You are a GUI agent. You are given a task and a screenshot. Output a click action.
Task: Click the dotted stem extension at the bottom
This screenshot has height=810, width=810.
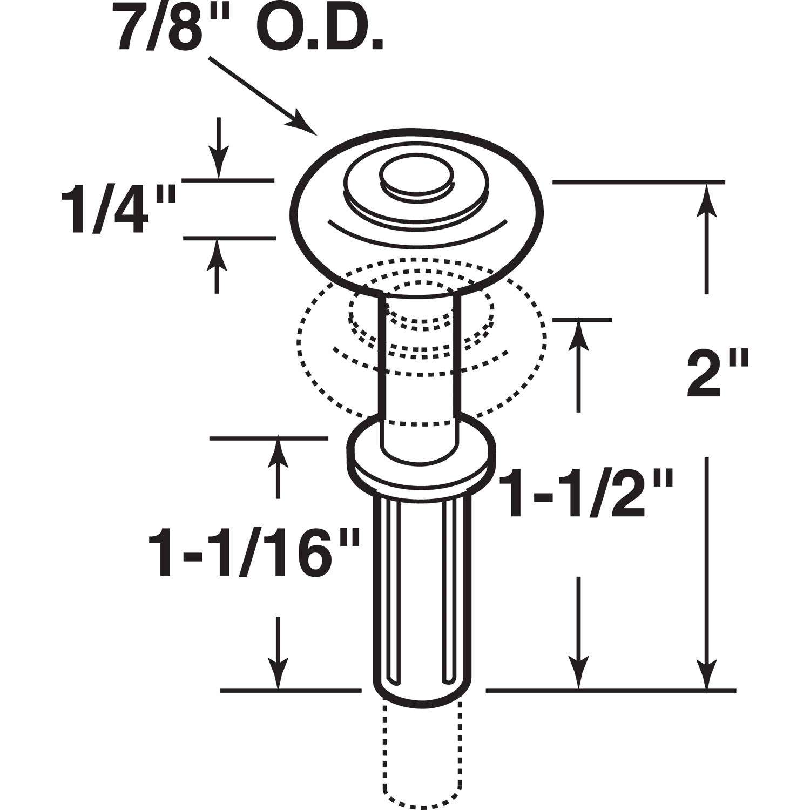pyautogui.click(x=421, y=756)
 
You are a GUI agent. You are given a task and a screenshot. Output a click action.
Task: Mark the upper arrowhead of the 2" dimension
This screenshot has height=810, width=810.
pyautogui.click(x=706, y=197)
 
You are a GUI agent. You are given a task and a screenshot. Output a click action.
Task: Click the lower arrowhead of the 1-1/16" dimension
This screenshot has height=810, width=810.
pyautogui.click(x=278, y=675)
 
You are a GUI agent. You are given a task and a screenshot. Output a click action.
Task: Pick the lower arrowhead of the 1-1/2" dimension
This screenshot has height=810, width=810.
pyautogui.click(x=579, y=675)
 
